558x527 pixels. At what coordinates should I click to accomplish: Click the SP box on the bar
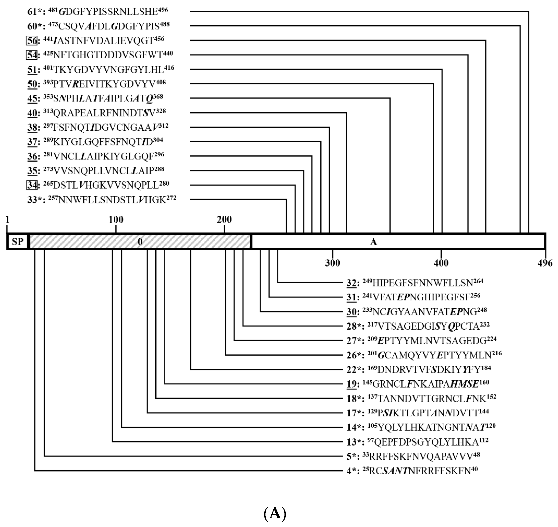point(17,241)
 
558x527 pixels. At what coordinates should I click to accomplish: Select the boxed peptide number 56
point(32,40)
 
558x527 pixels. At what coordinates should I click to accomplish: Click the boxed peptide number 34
point(32,185)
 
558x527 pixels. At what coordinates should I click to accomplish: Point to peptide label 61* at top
point(36,12)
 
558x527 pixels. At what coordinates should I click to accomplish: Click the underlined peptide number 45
point(32,98)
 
